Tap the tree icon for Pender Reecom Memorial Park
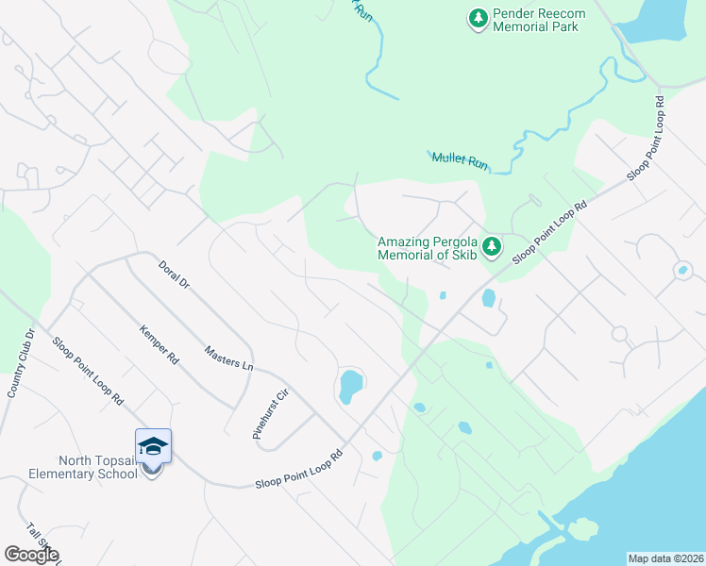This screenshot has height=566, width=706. (x=479, y=18)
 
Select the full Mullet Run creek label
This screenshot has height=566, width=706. (x=460, y=161)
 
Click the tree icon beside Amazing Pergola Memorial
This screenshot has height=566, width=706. (x=491, y=247)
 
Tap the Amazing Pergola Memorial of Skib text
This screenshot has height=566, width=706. (x=427, y=248)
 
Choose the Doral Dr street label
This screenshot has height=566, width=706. (x=176, y=280)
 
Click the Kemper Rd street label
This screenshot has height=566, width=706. (x=159, y=345)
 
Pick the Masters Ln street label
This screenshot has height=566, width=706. (x=228, y=357)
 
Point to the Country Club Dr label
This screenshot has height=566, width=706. (x=20, y=362)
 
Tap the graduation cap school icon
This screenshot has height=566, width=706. (x=153, y=445)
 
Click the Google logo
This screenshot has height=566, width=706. (x=31, y=555)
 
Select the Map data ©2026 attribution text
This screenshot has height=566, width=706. (x=664, y=558)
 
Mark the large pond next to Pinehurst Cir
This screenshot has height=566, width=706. (x=350, y=385)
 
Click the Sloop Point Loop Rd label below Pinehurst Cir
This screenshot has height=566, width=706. (x=297, y=468)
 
